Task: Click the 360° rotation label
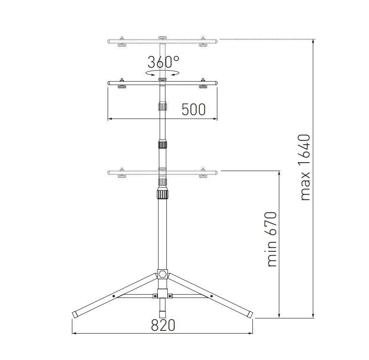point(163,62)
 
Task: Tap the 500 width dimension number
point(194,110)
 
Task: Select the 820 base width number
point(163,325)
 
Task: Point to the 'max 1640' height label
point(306,167)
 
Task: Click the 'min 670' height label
point(271,239)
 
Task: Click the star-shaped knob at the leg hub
point(163,274)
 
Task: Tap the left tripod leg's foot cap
point(75,314)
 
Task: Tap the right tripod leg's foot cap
point(250,314)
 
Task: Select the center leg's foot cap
point(162,314)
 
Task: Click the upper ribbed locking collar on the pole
point(162,144)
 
